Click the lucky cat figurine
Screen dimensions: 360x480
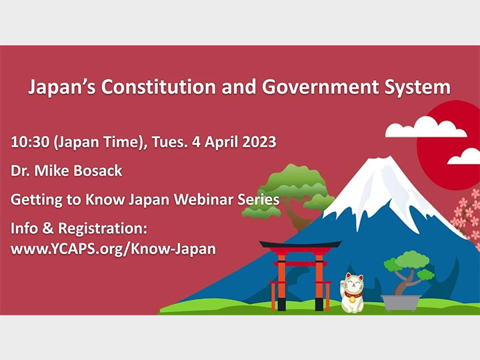click(x=353, y=293)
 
